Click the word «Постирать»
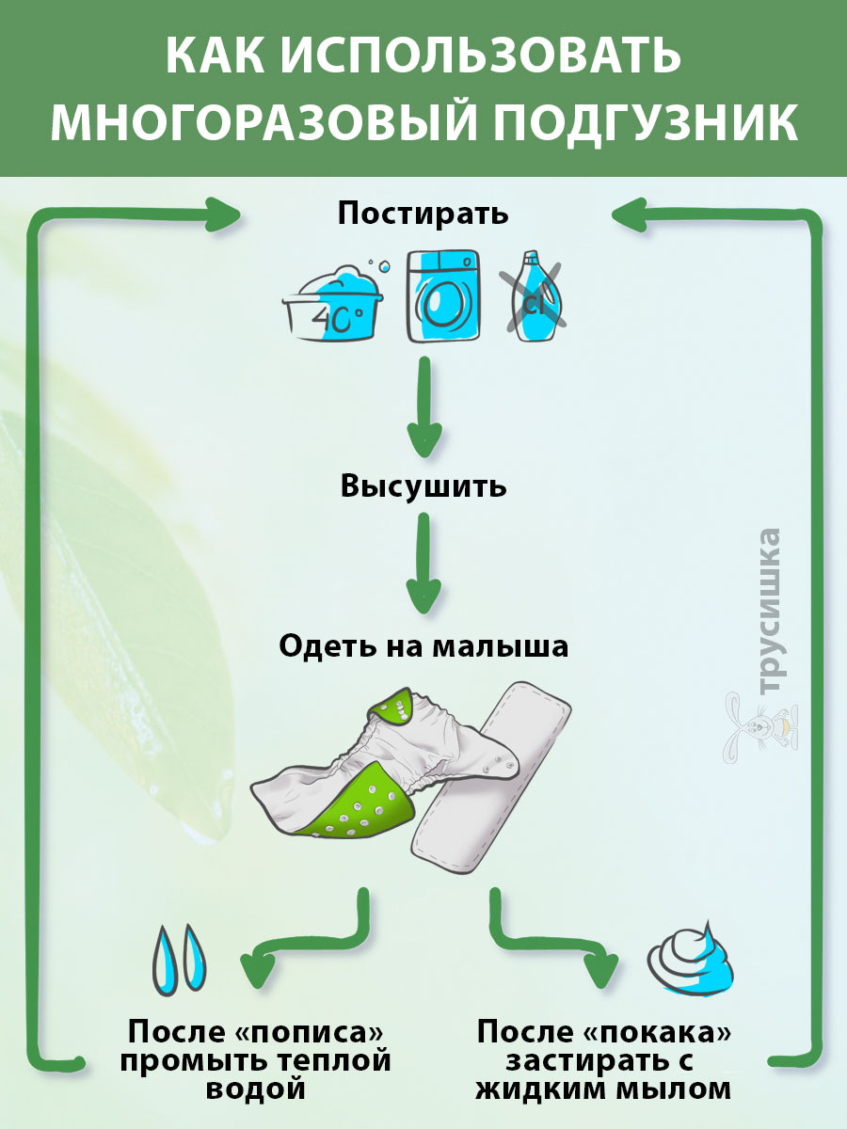pos(423,213)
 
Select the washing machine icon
pos(442,296)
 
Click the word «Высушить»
pos(423,486)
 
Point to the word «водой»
pos(259,1089)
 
